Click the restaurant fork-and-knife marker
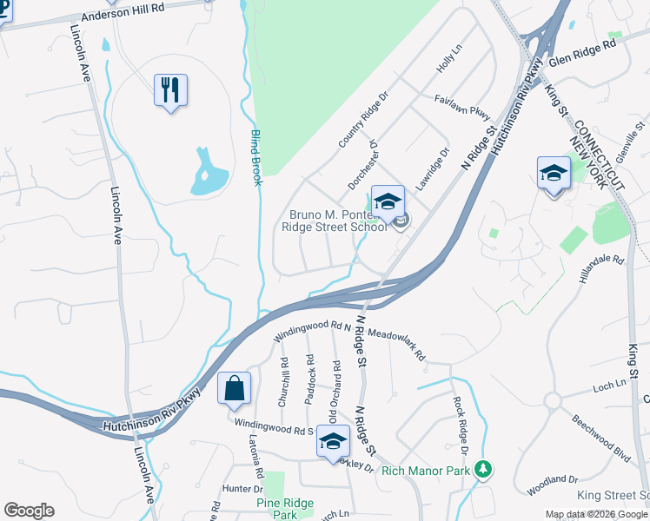170,89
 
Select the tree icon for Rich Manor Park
484,469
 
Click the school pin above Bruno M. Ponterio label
388,201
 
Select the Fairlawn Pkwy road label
462,108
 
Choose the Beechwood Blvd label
600,432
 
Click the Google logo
29,511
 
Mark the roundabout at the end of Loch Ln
554,400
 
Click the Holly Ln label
448,60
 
